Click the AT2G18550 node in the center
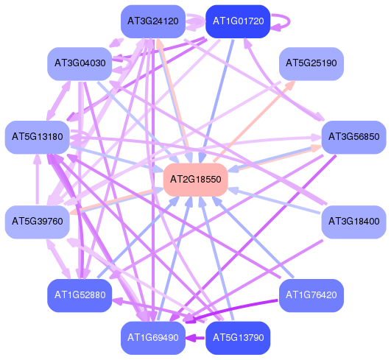point(196,180)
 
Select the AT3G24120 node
point(153,21)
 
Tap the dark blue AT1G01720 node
point(238,21)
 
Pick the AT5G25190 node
point(311,64)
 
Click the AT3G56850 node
point(354,138)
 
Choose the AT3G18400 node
point(354,222)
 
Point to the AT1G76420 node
point(311,295)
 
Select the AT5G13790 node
point(238,338)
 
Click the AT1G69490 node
point(153,338)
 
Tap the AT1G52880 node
point(80,295)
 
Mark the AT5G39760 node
point(38,222)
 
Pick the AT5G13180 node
point(38,138)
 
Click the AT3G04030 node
point(80,64)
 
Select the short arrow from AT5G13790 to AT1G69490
point(196,339)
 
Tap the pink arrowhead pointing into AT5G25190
point(290,85)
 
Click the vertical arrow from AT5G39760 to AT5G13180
point(38,180)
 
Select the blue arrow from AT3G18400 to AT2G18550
point(275,201)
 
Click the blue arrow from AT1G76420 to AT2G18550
point(253,237)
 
